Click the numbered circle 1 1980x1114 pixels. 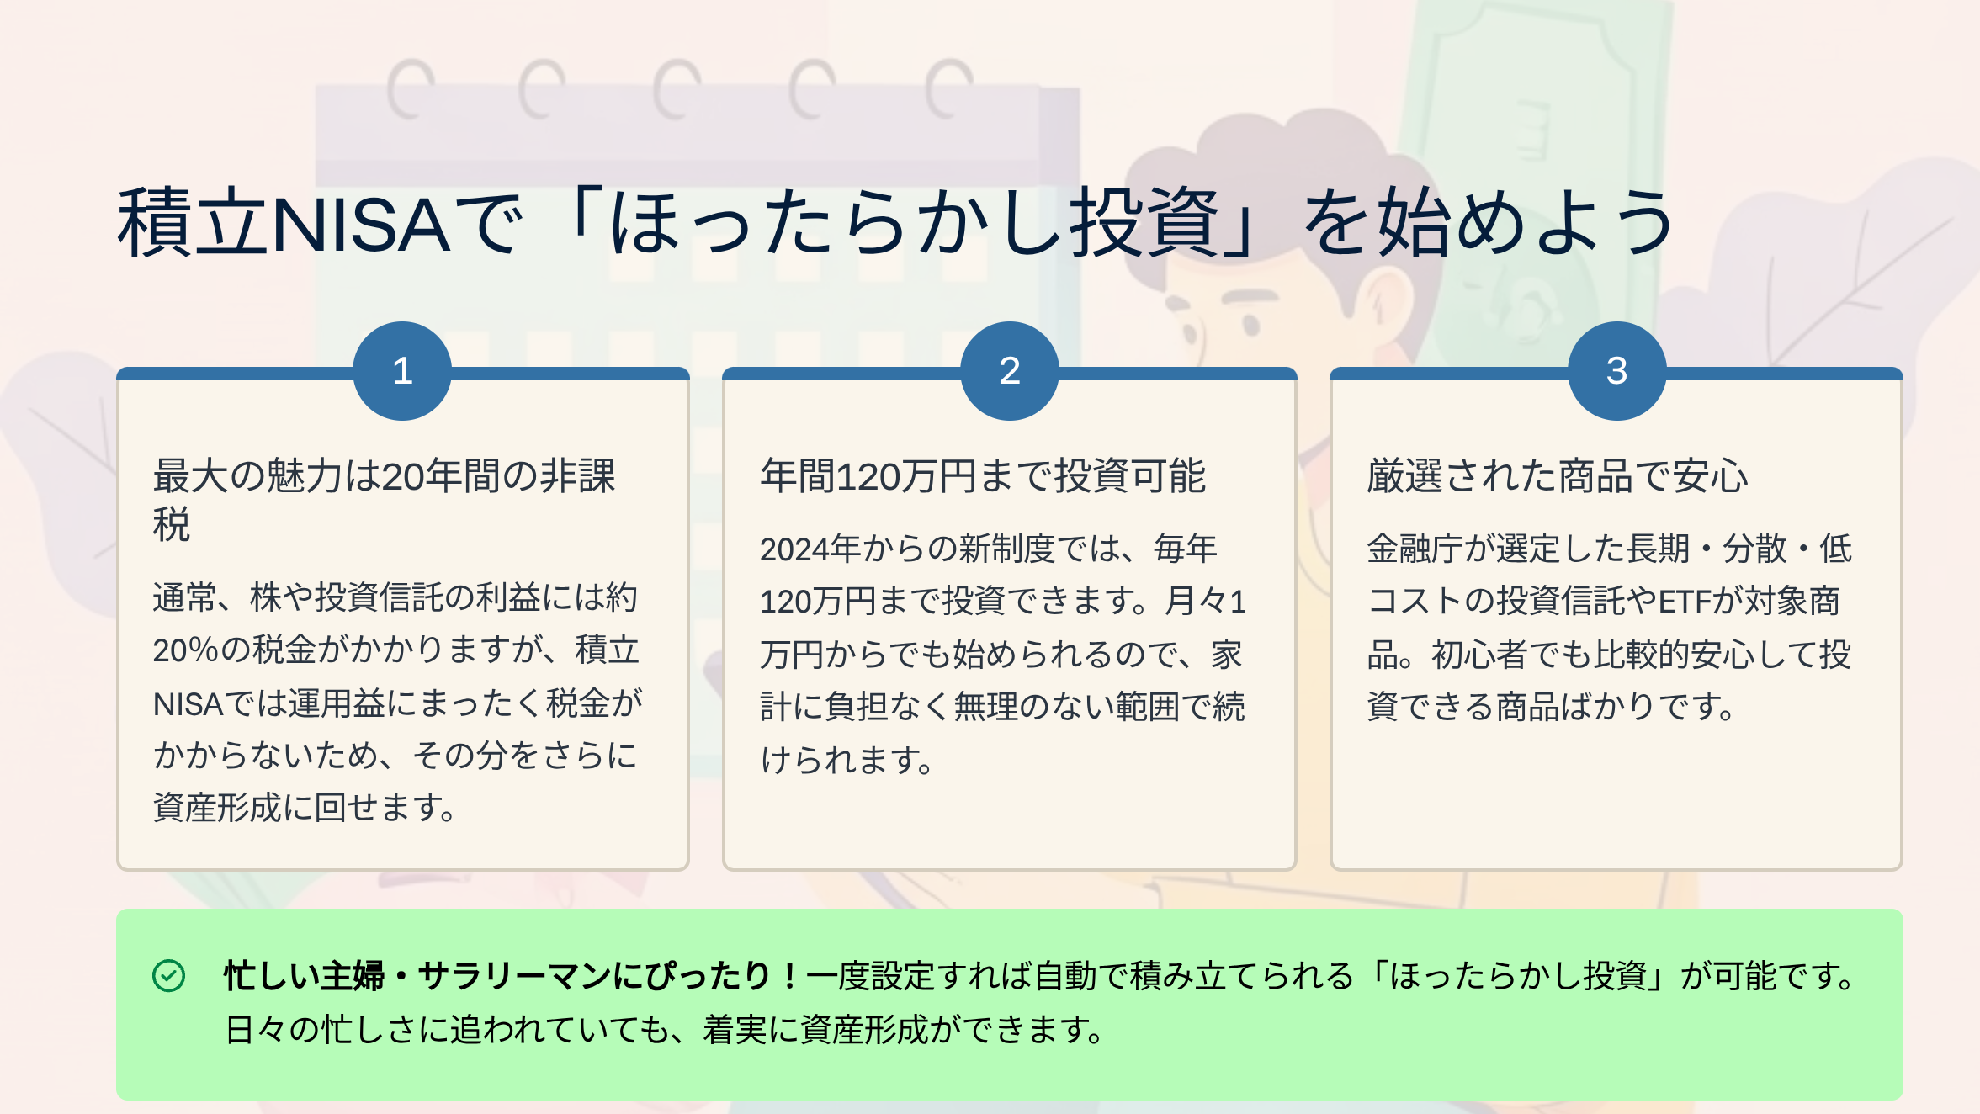(402, 371)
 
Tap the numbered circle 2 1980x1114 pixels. (1010, 371)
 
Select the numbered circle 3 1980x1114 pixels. (1617, 371)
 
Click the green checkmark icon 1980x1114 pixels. (168, 976)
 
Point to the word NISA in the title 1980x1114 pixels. (361, 224)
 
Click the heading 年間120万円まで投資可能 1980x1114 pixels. (983, 476)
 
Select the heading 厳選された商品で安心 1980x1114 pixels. (1558, 476)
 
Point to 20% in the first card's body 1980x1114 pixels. (186, 650)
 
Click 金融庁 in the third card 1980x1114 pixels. (1415, 549)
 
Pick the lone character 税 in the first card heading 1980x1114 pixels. (172, 525)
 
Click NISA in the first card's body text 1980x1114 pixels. (188, 704)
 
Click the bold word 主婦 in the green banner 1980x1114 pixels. (353, 976)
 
